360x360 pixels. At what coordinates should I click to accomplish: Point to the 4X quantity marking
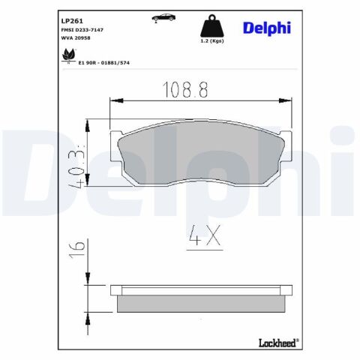point(202,238)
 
